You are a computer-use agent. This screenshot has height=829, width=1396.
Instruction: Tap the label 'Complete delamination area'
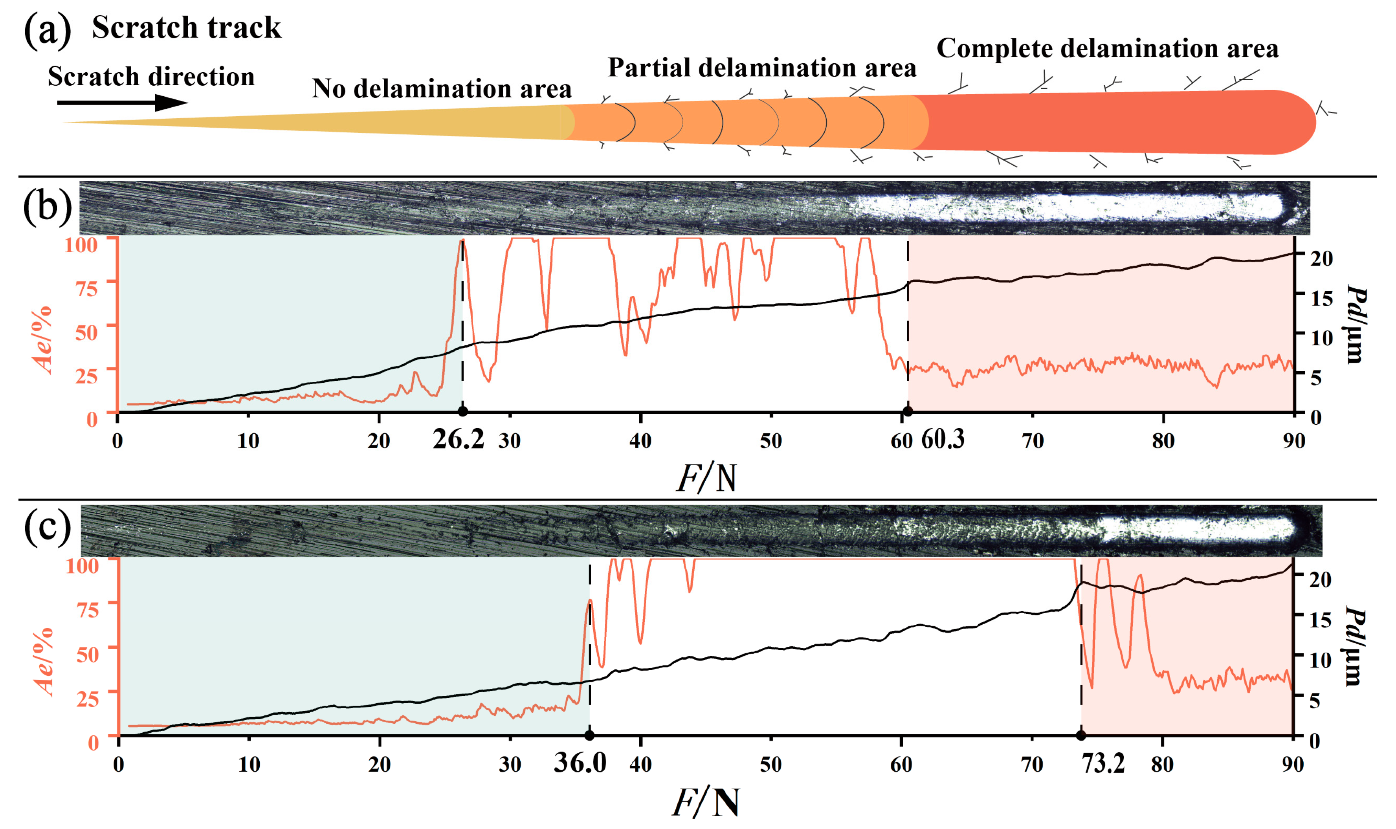pyautogui.click(x=1107, y=49)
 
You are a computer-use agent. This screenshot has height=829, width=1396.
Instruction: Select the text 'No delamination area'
pyautogui.click(x=441, y=89)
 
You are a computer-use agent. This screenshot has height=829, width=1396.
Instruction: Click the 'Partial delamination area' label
pyautogui.click(x=761, y=68)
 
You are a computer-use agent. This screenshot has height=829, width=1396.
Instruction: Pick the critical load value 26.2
pyautogui.click(x=458, y=440)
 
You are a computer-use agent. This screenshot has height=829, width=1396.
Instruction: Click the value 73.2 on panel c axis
pyautogui.click(x=1103, y=763)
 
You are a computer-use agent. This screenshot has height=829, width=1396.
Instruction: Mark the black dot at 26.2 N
pyautogui.click(x=462, y=412)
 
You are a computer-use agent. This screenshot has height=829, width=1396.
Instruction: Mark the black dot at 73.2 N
pyautogui.click(x=1080, y=735)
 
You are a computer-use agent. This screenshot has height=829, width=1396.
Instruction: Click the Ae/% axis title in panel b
pyautogui.click(x=44, y=339)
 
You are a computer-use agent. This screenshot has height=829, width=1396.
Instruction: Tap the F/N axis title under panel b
pyautogui.click(x=707, y=478)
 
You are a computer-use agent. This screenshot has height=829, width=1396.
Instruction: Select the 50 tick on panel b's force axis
pyautogui.click(x=770, y=441)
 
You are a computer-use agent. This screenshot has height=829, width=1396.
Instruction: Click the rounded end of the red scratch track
pyautogui.click(x=1296, y=122)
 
